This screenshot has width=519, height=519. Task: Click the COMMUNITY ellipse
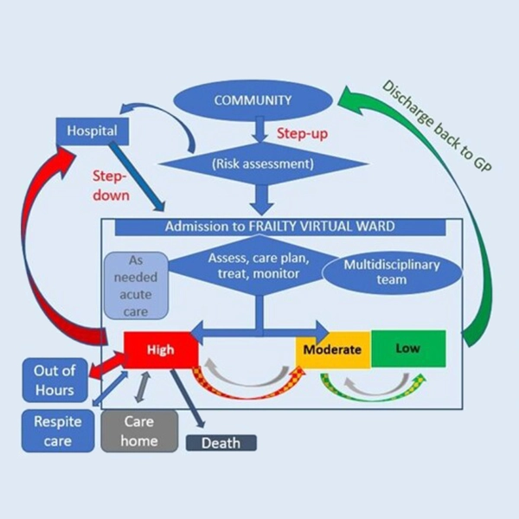[254, 100]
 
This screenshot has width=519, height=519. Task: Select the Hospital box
[93, 132]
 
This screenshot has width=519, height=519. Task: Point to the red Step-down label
[112, 184]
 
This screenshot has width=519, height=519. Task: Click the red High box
[160, 350]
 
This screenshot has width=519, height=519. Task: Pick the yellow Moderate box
[332, 350]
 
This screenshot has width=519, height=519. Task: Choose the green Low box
[407, 348]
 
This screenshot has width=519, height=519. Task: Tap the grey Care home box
[139, 430]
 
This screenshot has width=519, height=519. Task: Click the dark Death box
[221, 444]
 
